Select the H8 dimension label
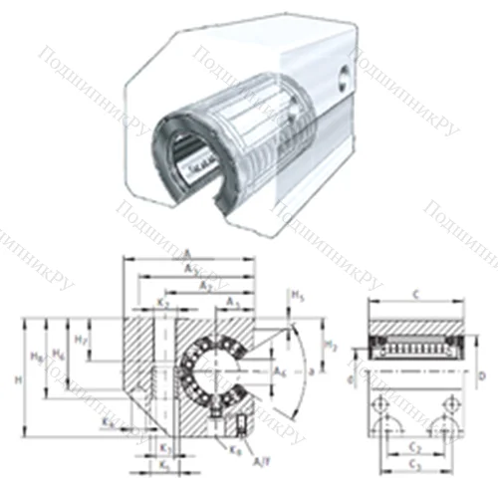pos(37,356)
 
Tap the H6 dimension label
pos(60,354)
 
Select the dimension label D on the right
pos(481,376)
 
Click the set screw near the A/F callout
pos(241,429)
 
